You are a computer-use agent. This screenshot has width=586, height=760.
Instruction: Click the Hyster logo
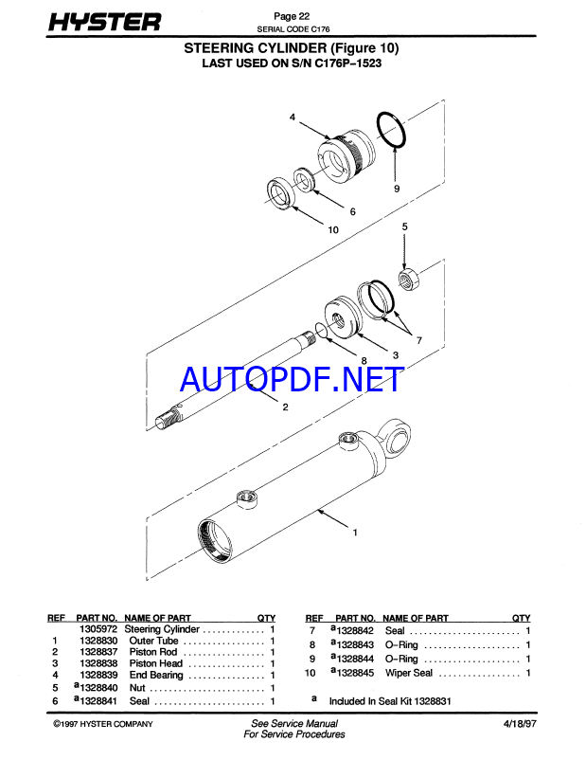coord(104,23)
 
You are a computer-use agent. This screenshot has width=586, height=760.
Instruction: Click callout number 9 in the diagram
coord(397,189)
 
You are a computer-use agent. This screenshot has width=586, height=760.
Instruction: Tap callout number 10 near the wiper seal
coord(333,229)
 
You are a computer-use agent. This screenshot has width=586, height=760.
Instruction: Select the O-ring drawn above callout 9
coord(392,130)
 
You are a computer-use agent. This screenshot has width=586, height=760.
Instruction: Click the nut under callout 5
coord(409,279)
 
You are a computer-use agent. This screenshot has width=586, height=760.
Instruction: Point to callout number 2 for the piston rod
coord(285,407)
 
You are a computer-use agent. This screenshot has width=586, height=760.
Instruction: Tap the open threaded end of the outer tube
coord(215,541)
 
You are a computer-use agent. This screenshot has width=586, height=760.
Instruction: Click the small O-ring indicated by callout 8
coord(321,330)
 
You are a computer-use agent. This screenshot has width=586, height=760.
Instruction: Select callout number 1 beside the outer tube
coord(355,533)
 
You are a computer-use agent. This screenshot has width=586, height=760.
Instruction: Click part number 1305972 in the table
coord(98,629)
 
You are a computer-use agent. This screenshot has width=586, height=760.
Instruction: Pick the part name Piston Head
coord(156,663)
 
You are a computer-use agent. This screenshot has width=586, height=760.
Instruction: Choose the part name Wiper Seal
coord(409,673)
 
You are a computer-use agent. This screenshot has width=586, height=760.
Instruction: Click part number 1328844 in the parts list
coord(355,659)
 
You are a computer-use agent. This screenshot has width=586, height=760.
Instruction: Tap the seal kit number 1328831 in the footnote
coord(432,701)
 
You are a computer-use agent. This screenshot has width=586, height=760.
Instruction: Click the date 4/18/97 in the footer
coord(520,724)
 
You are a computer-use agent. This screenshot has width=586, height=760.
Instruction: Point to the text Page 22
coord(292,16)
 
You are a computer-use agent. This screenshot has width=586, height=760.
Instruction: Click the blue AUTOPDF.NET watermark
coord(292,379)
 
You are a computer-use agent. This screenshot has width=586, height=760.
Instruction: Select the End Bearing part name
coord(156,675)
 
